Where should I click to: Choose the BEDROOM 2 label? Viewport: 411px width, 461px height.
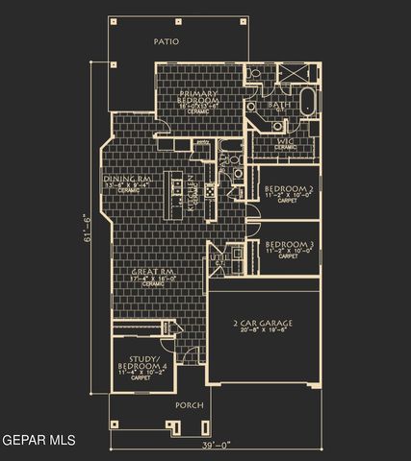tap(289, 187)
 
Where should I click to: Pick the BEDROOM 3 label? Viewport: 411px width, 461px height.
tap(289, 245)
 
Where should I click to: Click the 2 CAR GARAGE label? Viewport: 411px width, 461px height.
tap(262, 324)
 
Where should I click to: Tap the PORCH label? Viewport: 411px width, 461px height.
tap(189, 405)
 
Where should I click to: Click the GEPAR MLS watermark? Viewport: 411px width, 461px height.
tap(39, 441)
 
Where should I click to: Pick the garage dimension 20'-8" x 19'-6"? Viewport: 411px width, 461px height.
tap(262, 333)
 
